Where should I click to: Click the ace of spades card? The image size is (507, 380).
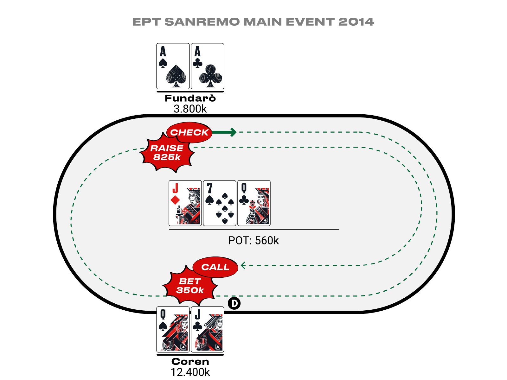point(173,66)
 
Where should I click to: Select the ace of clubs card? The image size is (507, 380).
point(208,66)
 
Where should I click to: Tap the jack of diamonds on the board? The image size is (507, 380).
point(185,203)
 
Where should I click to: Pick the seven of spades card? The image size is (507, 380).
point(219,203)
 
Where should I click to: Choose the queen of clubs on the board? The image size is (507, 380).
point(254,203)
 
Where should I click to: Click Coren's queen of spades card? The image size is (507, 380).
point(173,329)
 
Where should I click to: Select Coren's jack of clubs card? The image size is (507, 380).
point(208,329)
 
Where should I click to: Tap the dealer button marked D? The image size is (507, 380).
point(234,303)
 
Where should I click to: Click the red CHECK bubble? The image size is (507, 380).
point(189,132)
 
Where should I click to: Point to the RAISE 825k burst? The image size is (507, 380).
point(167,153)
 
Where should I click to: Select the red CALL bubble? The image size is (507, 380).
point(215,267)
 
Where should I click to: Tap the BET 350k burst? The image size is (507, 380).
point(190,286)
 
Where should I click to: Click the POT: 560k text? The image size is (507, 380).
point(253,240)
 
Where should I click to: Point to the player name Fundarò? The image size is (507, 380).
point(190,98)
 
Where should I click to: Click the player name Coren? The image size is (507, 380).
point(190,362)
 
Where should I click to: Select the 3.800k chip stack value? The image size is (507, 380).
point(190,109)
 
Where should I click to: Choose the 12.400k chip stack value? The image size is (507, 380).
point(190,372)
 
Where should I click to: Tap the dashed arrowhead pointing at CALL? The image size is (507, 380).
point(243,265)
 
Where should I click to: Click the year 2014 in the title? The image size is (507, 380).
point(356,22)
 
